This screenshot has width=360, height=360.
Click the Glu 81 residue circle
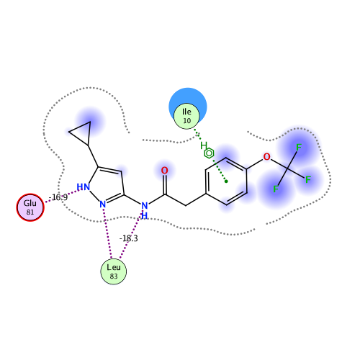point(30,207)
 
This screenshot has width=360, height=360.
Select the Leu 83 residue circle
point(114,271)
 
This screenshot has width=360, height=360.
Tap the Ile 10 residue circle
point(186,116)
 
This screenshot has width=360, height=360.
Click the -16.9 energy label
point(58,197)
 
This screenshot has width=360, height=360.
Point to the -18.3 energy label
point(129,238)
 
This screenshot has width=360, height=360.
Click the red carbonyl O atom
point(164,171)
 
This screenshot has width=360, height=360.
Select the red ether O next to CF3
point(266,157)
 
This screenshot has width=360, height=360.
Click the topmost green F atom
point(299,147)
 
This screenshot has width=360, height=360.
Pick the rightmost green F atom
point(308,179)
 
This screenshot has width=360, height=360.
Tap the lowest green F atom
point(276,189)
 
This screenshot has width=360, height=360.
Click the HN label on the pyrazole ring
point(84,186)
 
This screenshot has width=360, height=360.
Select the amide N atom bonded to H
point(145,206)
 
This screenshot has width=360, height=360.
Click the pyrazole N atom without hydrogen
point(103,204)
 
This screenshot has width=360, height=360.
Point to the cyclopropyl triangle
point(79,133)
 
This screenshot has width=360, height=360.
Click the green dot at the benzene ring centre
point(226,181)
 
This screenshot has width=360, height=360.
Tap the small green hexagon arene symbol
point(209,153)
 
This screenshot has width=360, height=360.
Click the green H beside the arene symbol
point(204,145)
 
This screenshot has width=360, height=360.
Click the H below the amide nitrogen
point(144,216)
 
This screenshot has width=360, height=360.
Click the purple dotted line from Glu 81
point(63,196)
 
